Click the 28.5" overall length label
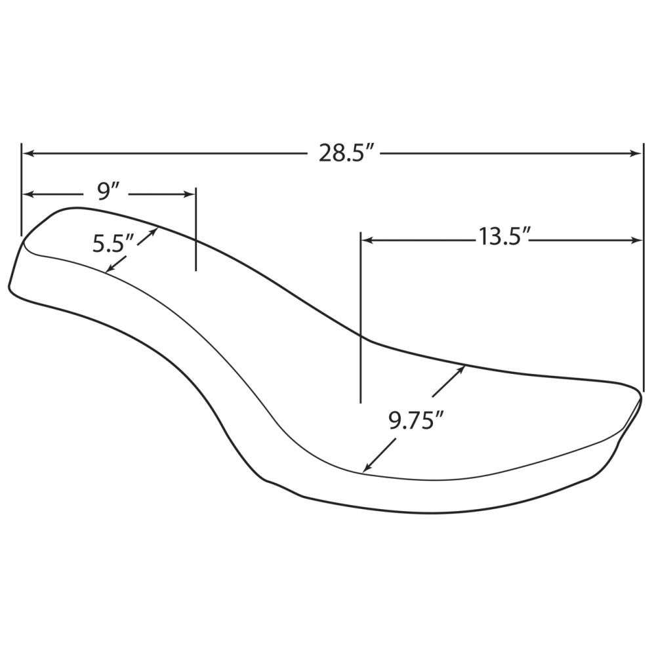pos(346,154)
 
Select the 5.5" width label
pos(113,244)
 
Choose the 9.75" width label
pos(413,420)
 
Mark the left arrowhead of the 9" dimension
pos(29,194)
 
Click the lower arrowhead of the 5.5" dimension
pos(110,268)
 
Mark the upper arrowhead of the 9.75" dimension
pos(461,369)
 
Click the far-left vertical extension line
pos(22,190)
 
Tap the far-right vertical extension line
pos(644,262)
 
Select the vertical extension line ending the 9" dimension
pos(196,230)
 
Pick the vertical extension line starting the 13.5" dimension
pos(361,315)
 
